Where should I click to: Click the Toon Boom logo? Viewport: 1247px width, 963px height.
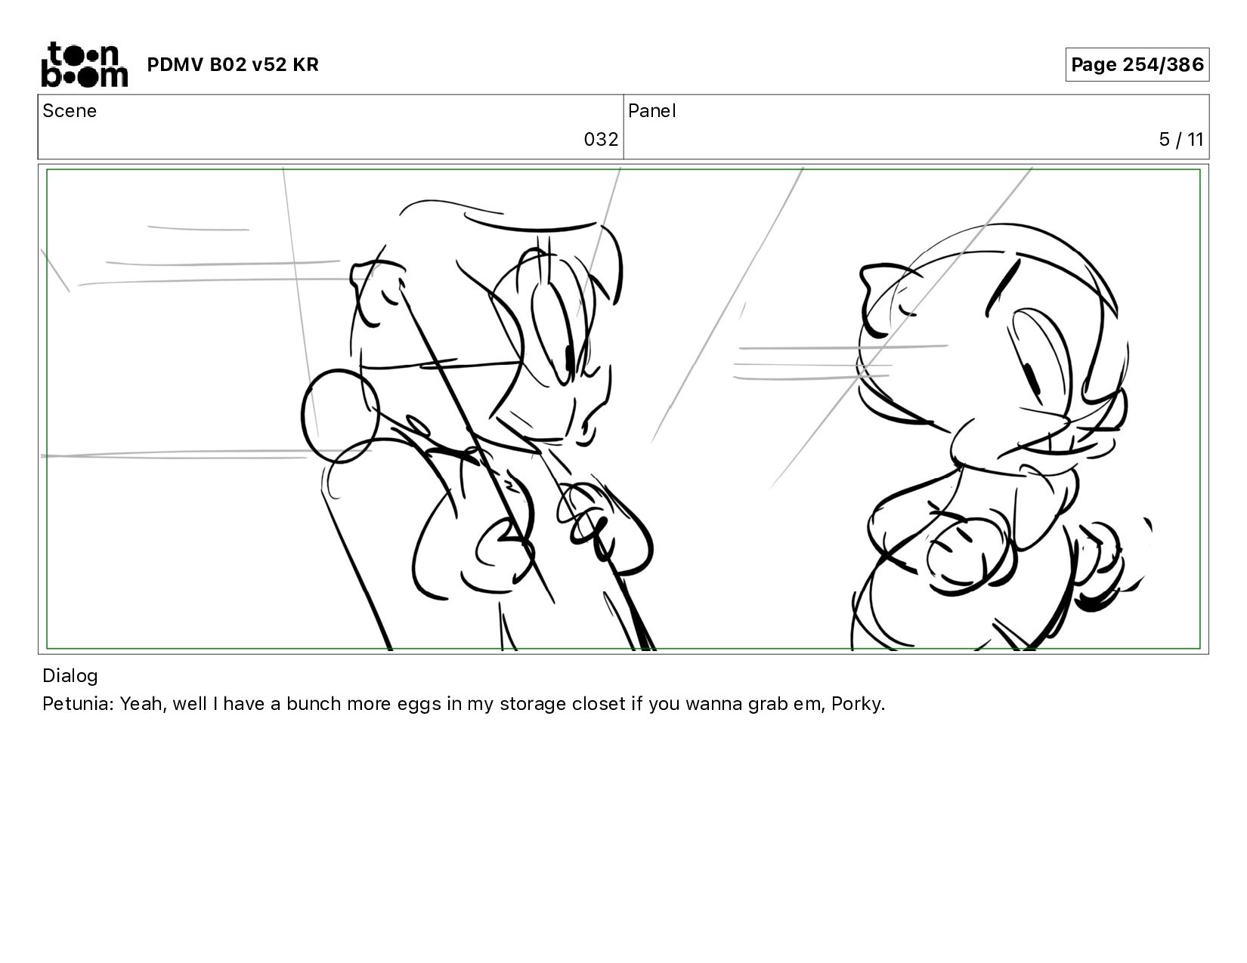85,64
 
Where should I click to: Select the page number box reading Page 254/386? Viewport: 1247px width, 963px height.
1137,64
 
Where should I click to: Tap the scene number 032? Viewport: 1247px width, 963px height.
601,140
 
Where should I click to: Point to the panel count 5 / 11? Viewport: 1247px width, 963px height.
1180,140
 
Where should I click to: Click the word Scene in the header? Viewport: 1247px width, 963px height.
70,111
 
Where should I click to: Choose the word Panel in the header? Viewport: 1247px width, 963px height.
652,111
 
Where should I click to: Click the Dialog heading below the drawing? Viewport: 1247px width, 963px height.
70,676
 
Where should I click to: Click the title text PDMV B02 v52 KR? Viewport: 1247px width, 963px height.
233,64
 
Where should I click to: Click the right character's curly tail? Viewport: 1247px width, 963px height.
1110,565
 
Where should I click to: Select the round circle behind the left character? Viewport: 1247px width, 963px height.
340,416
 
